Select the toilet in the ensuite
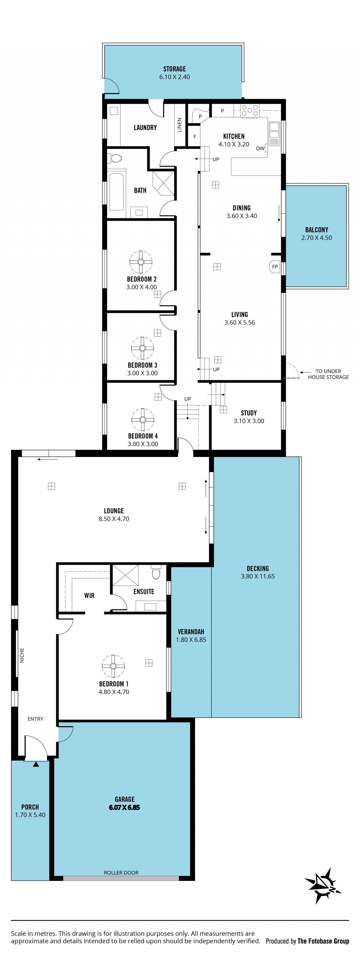[156, 572]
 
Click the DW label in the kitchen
[260, 148]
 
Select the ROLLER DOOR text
[121, 873]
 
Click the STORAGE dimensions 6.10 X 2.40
[174, 77]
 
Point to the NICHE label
[22, 655]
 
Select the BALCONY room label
[316, 230]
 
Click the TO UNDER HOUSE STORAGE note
[328, 374]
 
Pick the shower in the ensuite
[125, 575]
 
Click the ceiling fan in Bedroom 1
[113, 666]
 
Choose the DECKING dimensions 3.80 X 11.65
[258, 576]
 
